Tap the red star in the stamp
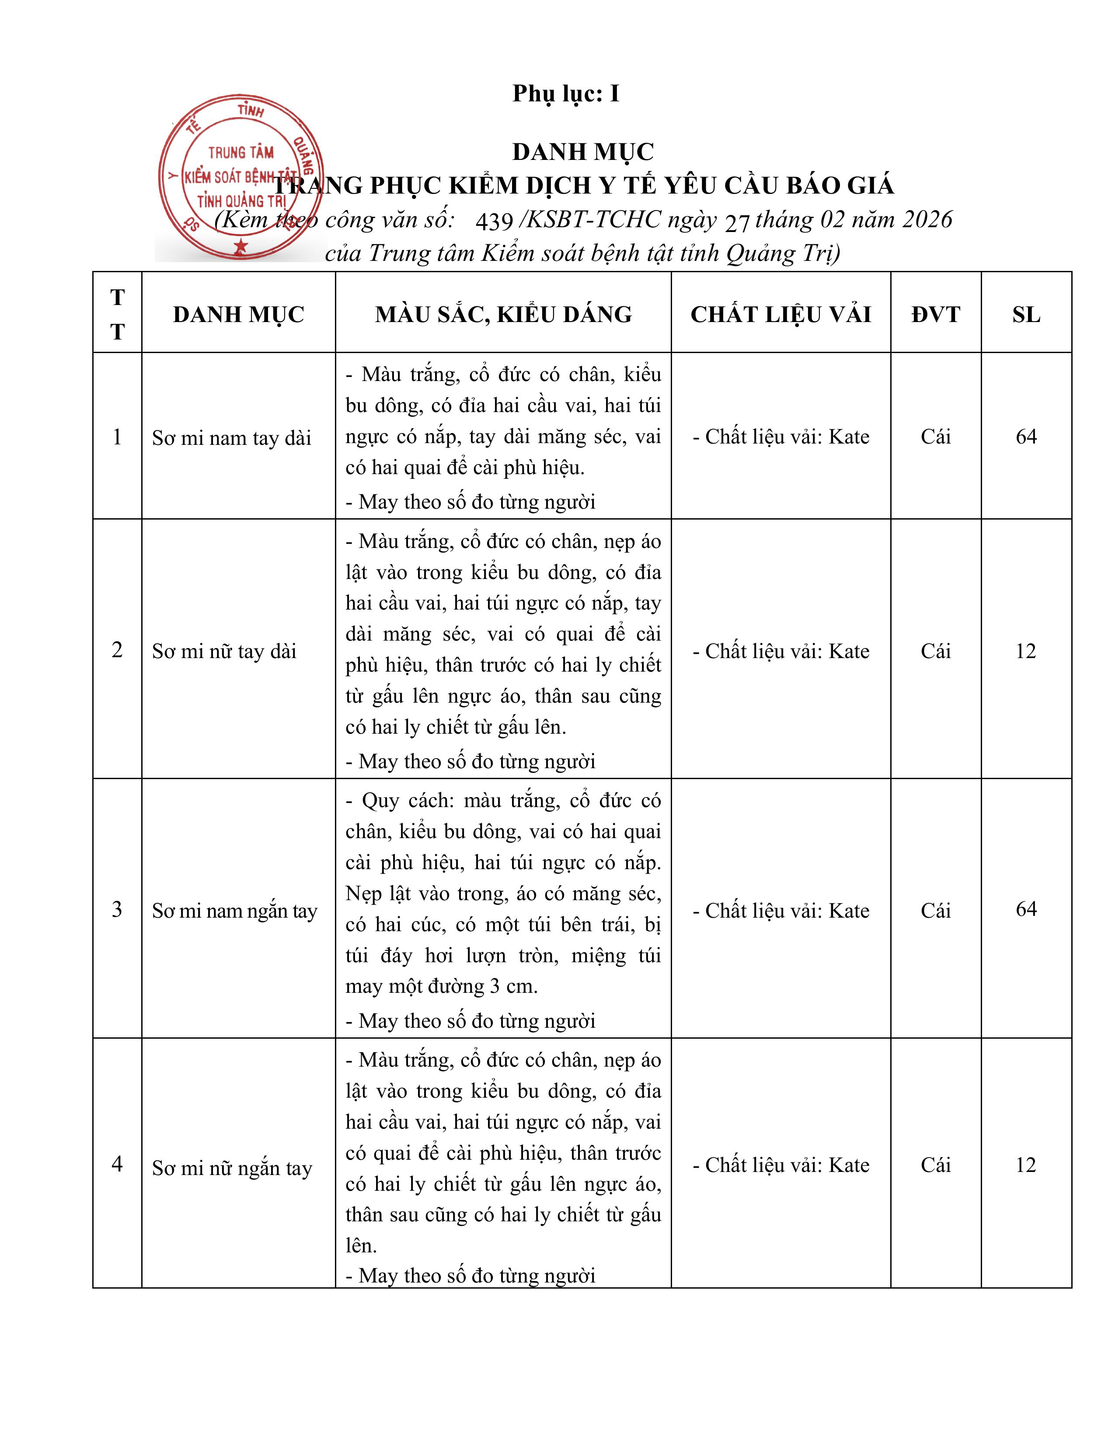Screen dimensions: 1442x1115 pyautogui.click(x=240, y=246)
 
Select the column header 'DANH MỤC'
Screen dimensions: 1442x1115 pyautogui.click(x=238, y=314)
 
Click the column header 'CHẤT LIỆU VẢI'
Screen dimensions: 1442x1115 pyautogui.click(x=781, y=314)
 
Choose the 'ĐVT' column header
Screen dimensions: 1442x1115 pyautogui.click(x=935, y=314)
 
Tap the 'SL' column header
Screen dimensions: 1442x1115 pyautogui.click(x=1026, y=314)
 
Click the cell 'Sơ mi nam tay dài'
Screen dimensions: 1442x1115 pyautogui.click(x=231, y=438)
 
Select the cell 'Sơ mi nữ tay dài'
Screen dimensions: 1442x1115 pyautogui.click(x=224, y=651)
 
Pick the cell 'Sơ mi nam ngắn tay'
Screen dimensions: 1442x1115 pyautogui.click(x=234, y=911)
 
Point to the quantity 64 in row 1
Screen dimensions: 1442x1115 pyautogui.click(x=1026, y=437)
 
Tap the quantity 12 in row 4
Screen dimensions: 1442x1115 pyautogui.click(x=1026, y=1165)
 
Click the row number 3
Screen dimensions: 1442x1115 pyautogui.click(x=117, y=909)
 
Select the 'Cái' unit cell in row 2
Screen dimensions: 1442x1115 pyautogui.click(x=935, y=651)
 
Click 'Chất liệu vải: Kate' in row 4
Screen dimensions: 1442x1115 pyautogui.click(x=781, y=1165)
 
